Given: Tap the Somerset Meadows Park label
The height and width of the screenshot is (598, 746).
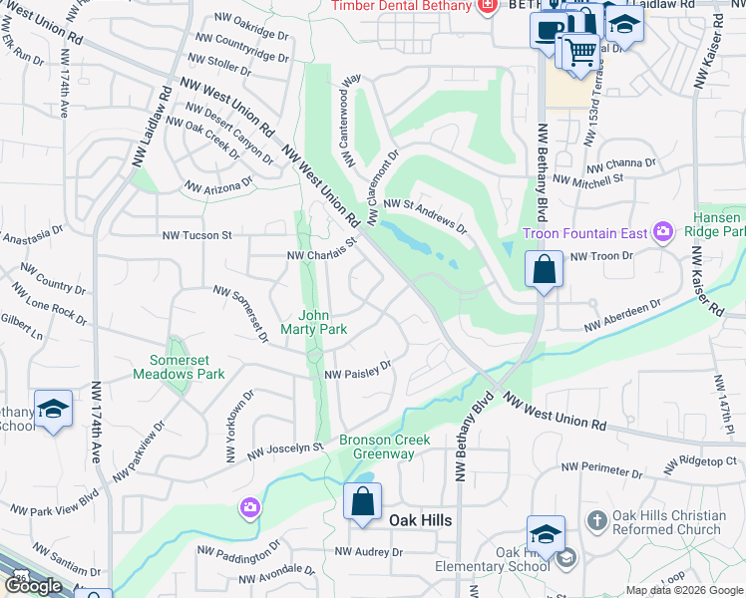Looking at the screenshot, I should (181, 367).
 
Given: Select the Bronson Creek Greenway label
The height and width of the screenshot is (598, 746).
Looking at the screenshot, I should (384, 447).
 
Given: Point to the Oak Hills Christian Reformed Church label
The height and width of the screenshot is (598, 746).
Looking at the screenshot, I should (669, 522).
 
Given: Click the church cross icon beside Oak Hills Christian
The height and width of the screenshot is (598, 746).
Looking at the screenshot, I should (596, 520).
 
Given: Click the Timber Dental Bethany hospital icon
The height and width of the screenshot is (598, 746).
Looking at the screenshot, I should (487, 7).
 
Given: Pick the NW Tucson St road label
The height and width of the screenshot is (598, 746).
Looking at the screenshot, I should (197, 236).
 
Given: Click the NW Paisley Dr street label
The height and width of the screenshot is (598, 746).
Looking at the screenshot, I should (358, 371).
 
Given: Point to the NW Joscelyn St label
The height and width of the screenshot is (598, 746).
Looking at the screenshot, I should (275, 450).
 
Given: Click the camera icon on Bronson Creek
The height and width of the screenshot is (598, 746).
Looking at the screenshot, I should (249, 508).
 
